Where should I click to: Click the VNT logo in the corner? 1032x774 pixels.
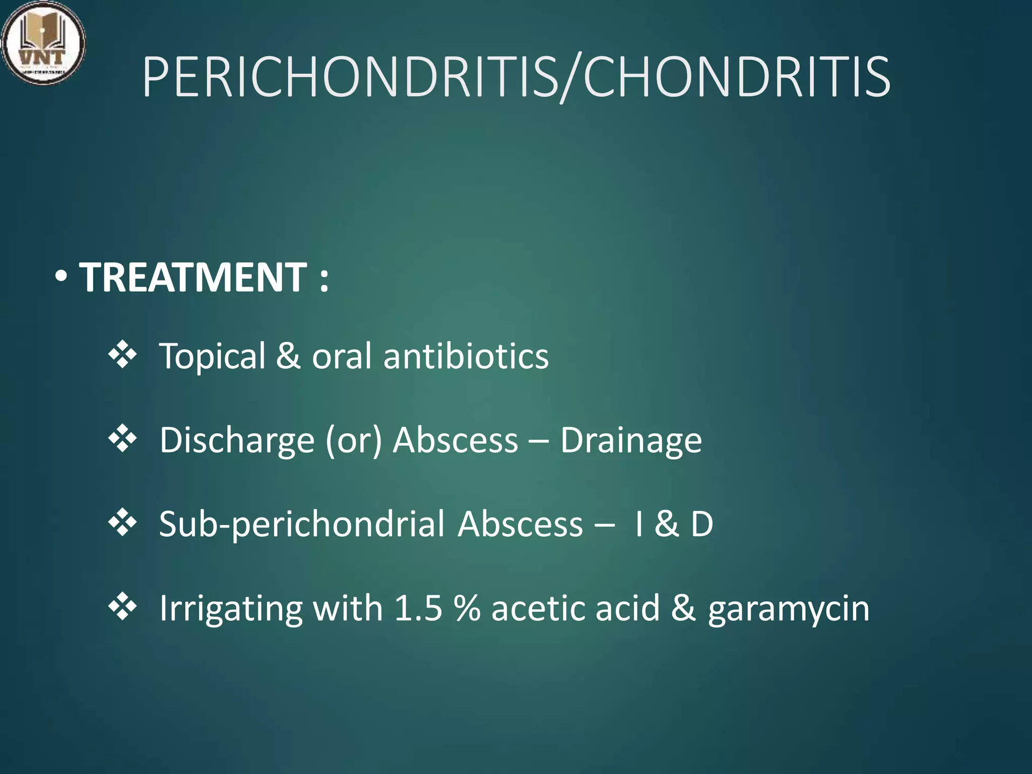click(43, 43)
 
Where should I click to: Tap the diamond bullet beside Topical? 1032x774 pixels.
click(122, 355)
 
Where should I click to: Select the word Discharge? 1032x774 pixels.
click(237, 440)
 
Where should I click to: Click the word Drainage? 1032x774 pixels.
click(631, 440)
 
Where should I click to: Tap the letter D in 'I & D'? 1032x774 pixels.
click(701, 524)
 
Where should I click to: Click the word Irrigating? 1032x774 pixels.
click(231, 609)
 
